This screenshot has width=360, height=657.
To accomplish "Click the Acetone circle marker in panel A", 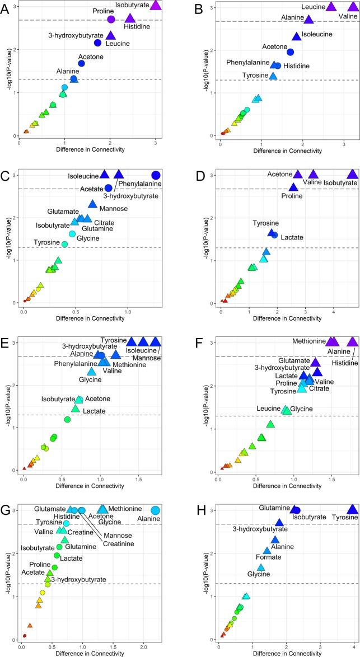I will pos(81,63).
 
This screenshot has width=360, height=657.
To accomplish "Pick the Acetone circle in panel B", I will pos(291,52).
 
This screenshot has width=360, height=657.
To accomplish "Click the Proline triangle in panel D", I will pos(293,187).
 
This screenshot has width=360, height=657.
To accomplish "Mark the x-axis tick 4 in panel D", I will pos(334,312).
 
